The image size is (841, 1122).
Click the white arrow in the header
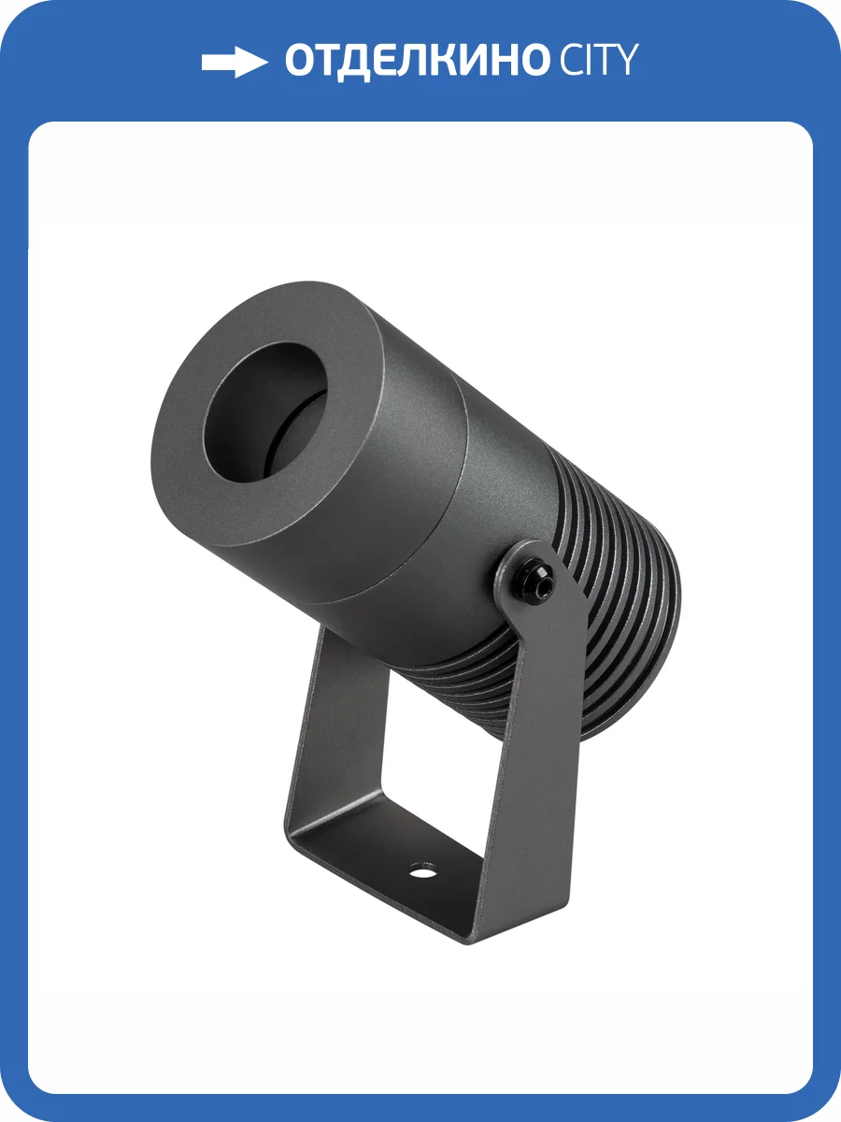(x=235, y=63)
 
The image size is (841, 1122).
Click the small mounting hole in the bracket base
(x=422, y=874)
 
